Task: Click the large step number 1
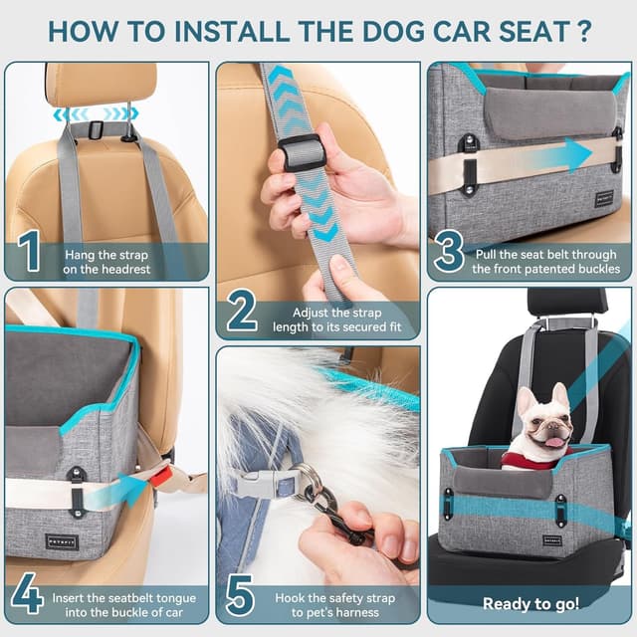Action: [30, 253]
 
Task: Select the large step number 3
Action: [449, 253]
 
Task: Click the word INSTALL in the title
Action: [198, 30]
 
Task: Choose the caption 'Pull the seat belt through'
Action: [545, 261]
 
